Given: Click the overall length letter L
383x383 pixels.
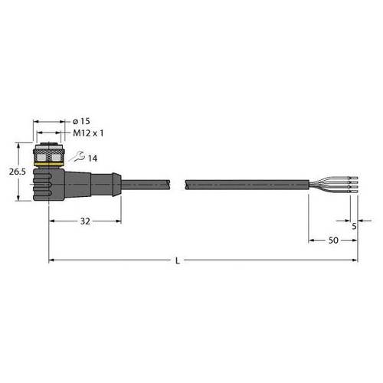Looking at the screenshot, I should click(x=178, y=262).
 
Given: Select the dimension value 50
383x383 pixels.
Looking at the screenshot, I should click(x=334, y=241).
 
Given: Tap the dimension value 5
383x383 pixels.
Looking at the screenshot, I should click(x=354, y=227).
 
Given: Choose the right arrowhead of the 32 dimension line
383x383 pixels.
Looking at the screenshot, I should click(x=118, y=221).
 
